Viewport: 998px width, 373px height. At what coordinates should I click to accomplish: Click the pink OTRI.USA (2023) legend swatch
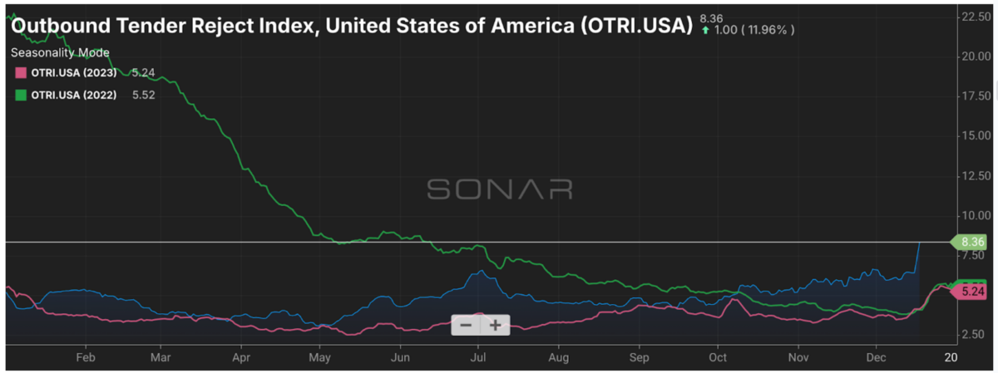[x=21, y=72]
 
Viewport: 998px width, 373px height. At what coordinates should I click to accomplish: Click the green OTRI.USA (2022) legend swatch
[x=21, y=95]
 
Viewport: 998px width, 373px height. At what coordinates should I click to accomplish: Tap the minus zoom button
[x=466, y=325]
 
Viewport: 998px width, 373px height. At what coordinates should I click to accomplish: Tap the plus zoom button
[x=495, y=325]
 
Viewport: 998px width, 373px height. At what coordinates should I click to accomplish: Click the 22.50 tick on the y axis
[x=972, y=17]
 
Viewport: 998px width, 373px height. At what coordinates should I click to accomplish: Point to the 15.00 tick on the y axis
[x=972, y=135]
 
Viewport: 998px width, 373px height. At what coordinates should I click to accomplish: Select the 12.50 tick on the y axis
[x=972, y=175]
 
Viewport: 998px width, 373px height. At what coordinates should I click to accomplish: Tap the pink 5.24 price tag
[x=972, y=292]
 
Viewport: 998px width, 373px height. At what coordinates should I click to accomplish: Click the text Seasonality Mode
[x=60, y=52]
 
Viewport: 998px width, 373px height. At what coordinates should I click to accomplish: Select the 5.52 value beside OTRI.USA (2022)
[x=144, y=95]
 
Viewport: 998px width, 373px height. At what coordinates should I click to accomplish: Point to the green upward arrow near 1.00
[x=705, y=30]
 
